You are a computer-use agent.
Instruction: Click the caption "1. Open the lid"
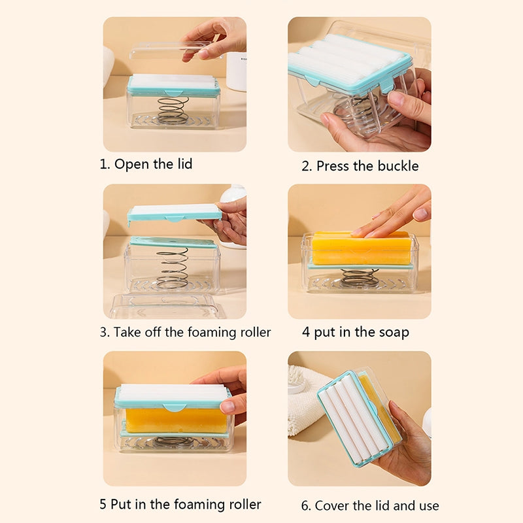(x=146, y=164)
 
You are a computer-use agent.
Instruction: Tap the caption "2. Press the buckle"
(x=360, y=166)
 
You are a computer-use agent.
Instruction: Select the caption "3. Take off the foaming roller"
(x=185, y=332)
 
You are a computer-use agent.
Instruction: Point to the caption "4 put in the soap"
(x=355, y=332)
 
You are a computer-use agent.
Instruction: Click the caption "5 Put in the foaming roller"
(x=180, y=504)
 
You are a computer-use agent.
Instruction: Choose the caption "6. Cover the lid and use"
(x=370, y=505)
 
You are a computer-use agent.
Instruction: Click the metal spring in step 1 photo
(x=173, y=110)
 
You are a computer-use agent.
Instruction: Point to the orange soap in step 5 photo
(x=173, y=421)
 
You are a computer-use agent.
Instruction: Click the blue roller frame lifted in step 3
(x=174, y=212)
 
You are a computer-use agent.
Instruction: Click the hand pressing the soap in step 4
(x=392, y=212)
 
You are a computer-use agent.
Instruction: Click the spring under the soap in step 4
(x=360, y=277)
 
